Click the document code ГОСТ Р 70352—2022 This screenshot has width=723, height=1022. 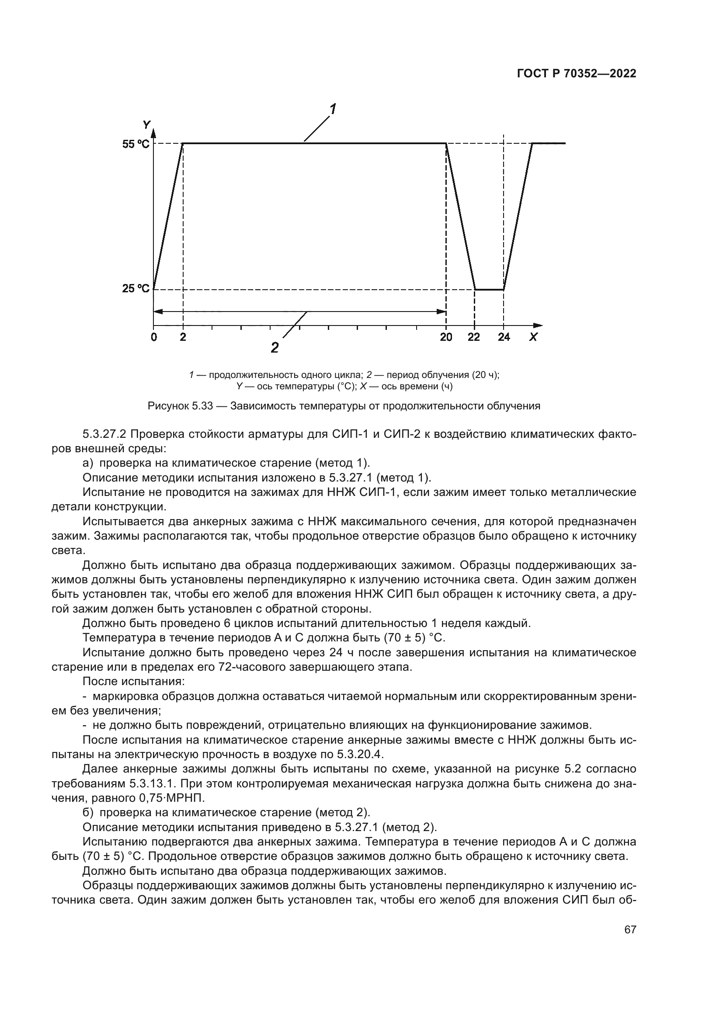577,74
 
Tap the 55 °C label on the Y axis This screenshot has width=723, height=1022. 136,144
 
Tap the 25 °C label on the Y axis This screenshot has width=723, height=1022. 136,288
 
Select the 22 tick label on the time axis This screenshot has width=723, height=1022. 474,337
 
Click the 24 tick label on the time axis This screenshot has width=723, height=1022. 504,337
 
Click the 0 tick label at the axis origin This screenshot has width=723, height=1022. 153,337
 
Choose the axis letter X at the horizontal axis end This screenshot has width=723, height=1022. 533,337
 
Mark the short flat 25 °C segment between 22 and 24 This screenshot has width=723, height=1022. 489,290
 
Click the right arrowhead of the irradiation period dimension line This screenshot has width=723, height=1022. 441,312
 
